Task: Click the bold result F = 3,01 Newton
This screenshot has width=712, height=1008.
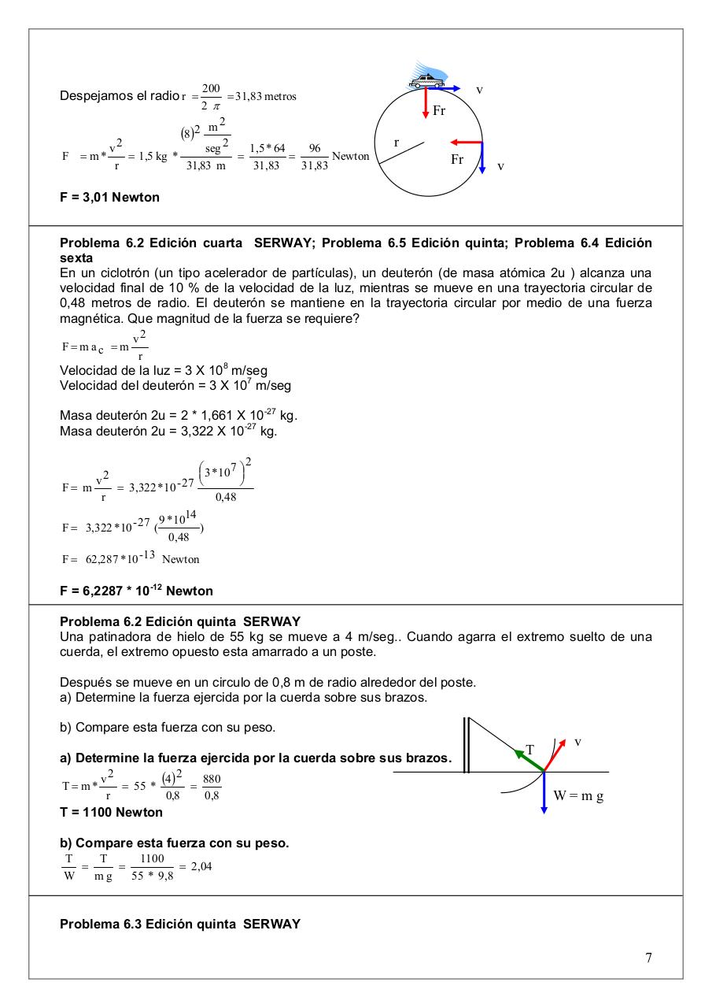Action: click(109, 197)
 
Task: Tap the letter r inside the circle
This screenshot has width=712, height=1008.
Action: click(397, 143)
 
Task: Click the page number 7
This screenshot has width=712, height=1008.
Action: click(648, 958)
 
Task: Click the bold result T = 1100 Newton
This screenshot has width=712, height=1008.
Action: click(112, 812)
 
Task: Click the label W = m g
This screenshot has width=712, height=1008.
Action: click(578, 795)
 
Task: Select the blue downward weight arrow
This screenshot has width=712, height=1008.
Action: click(544, 794)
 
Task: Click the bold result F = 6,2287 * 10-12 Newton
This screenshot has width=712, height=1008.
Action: click(136, 591)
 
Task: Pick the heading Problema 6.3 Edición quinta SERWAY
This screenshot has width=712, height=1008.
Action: click(180, 924)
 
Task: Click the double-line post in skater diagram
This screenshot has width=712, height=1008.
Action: click(466, 744)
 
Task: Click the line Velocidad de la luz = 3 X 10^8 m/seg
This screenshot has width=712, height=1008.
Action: click(167, 370)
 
